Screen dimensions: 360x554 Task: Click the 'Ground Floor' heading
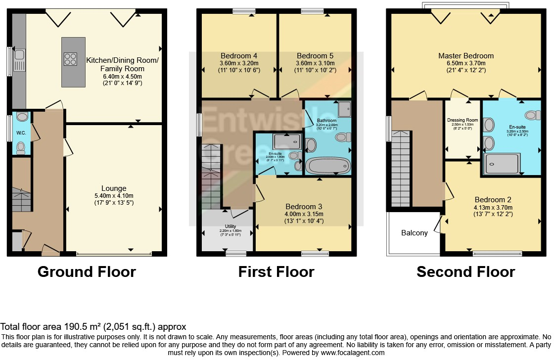[x=87, y=272]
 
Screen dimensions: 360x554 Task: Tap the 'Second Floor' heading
[x=465, y=272]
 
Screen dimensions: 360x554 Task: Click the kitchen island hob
[x=70, y=59]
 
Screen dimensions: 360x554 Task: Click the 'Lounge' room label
[x=114, y=188]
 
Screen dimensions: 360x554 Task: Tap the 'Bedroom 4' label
[x=239, y=55]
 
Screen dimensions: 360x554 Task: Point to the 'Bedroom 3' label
[x=304, y=206]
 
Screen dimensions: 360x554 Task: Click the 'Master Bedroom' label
[x=465, y=56]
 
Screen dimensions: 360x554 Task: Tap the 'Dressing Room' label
[x=462, y=120]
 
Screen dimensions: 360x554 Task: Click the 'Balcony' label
[x=414, y=233]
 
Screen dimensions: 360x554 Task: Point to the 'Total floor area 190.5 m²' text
[x=93, y=327]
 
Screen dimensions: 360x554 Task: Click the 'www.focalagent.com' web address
[x=352, y=353]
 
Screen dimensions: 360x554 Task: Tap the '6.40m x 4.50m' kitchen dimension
[x=122, y=77]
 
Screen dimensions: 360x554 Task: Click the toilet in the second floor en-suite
[x=531, y=115]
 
